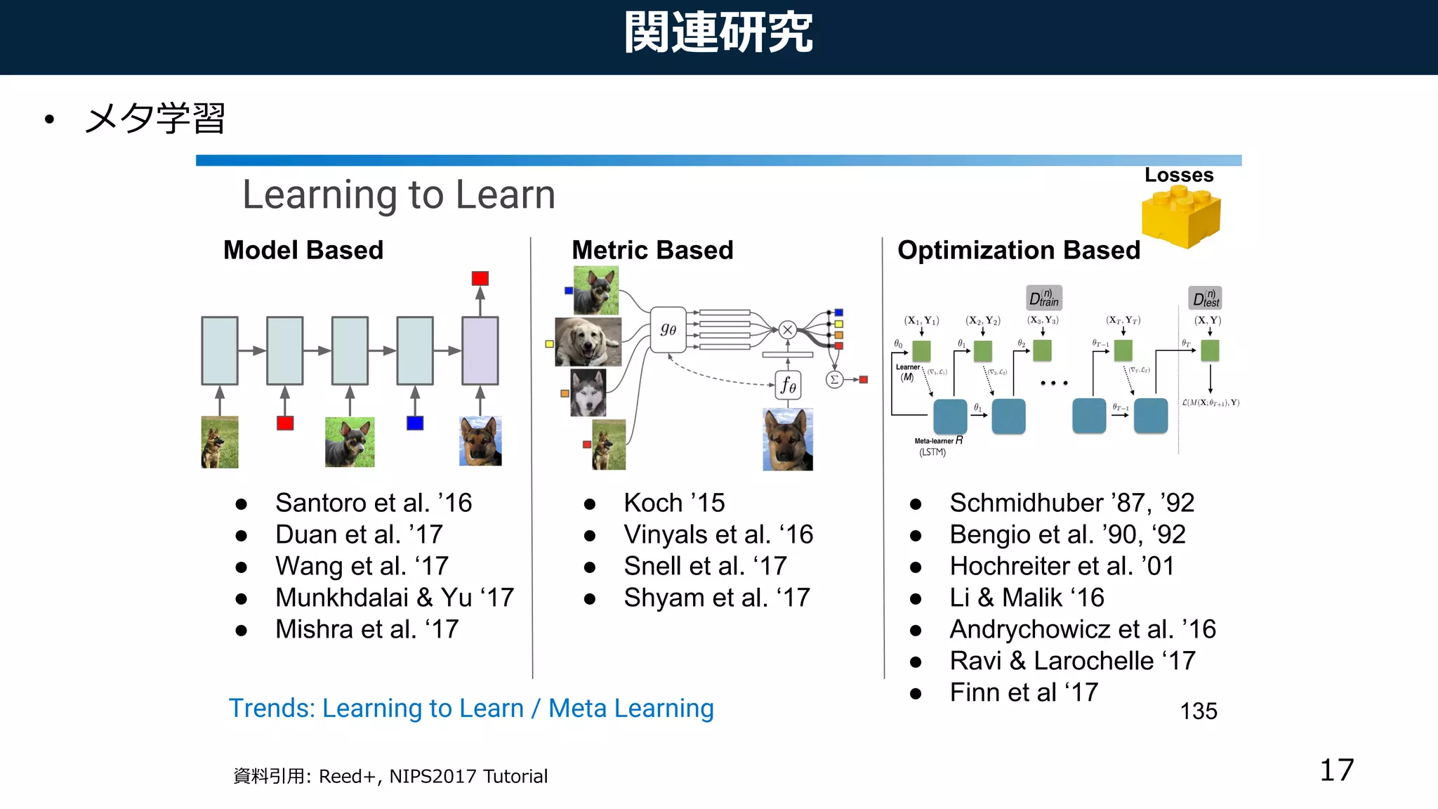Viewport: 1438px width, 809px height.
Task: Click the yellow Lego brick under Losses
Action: coord(1181,218)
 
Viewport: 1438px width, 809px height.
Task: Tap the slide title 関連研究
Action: coord(718,32)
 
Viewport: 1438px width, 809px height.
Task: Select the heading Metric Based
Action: coord(652,251)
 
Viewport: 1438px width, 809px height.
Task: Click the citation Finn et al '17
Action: coord(1023,692)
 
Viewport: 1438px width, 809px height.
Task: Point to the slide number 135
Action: coord(1198,711)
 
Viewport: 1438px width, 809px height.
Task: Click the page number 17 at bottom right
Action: coord(1336,770)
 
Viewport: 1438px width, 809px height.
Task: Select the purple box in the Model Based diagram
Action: coord(480,350)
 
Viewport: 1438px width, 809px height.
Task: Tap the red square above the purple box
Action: coord(480,278)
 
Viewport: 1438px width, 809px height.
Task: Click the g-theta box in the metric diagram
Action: coord(668,329)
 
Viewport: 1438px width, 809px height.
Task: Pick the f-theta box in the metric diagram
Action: coord(788,385)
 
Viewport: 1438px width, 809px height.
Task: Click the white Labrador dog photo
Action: coord(588,342)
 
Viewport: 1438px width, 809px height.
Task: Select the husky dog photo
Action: coord(588,393)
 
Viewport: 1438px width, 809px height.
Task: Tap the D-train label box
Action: coord(1043,298)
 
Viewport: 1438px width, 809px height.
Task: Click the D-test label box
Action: coord(1205,298)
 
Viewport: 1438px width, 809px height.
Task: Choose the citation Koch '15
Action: coord(674,503)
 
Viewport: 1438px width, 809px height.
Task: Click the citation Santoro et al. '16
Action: coord(373,503)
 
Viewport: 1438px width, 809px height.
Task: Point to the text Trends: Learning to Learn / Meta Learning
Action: coord(471,708)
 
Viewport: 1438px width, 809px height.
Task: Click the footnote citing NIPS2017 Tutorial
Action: coord(390,776)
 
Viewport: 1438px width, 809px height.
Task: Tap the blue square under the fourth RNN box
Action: coord(415,423)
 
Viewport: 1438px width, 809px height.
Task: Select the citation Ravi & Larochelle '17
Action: coord(1072,661)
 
